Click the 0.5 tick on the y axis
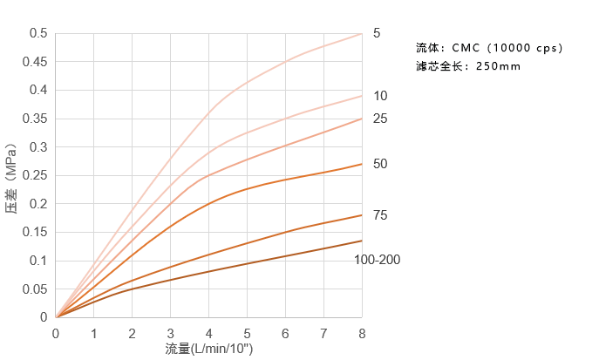click(x=39, y=33)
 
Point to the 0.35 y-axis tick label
click(x=36, y=119)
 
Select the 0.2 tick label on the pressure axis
click(x=39, y=204)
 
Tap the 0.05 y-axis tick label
click(x=36, y=289)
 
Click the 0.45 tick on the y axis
click(x=36, y=62)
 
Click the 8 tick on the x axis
click(x=362, y=334)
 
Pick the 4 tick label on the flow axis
click(x=208, y=334)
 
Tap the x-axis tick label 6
click(x=285, y=334)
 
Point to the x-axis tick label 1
click(x=94, y=334)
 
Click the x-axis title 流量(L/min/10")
click(x=209, y=349)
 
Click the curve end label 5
click(x=377, y=33)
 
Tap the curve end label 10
click(x=379, y=95)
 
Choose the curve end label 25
click(x=379, y=118)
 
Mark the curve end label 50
click(x=379, y=164)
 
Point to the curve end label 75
click(x=379, y=215)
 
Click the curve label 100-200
click(x=378, y=260)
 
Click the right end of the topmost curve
click(x=361, y=34)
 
